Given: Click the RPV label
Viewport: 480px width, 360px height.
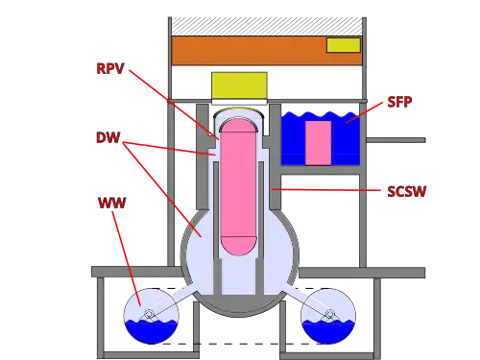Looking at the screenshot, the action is [x=110, y=68].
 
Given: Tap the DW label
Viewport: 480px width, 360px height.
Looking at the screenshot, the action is [x=108, y=137].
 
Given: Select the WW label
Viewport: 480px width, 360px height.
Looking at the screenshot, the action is [x=112, y=203].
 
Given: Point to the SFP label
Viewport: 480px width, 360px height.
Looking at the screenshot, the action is [x=399, y=102].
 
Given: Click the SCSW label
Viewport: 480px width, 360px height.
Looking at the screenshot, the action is [x=407, y=191].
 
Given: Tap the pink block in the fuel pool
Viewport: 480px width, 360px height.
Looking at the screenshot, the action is [x=318, y=143].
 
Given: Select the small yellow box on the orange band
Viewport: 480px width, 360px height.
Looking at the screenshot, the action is [x=344, y=45].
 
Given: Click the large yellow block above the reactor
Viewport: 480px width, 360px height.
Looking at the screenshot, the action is [x=239, y=85].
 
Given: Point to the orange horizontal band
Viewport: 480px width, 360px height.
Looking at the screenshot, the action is [x=267, y=51].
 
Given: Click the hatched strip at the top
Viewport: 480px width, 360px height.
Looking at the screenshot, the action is [x=267, y=26].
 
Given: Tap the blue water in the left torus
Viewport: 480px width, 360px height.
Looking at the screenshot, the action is [x=151, y=331].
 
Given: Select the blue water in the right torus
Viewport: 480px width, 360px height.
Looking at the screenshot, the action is [x=328, y=331].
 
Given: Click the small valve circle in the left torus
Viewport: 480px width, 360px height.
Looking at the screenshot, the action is [x=149, y=314].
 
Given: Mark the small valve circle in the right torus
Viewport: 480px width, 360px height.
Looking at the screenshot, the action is [x=330, y=314].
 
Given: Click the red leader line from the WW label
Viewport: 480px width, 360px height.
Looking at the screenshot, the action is [x=127, y=258].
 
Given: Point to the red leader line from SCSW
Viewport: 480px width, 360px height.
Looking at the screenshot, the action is [x=326, y=190].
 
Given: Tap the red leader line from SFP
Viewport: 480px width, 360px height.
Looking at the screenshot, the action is [x=364, y=112].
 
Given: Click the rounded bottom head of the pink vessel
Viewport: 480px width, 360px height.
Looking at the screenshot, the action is [x=238, y=246].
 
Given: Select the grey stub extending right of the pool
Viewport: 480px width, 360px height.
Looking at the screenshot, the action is [x=396, y=140].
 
